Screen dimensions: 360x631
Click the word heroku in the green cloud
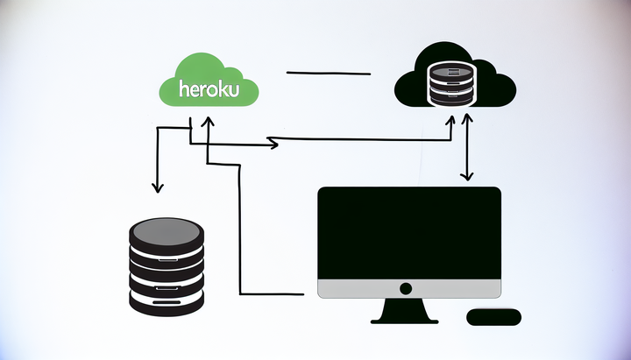(x=216, y=89)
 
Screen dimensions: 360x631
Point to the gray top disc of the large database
(x=167, y=231)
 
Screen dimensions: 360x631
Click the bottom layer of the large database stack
(x=167, y=300)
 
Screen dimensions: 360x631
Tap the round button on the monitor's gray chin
(x=405, y=288)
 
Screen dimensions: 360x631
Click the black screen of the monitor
(x=409, y=233)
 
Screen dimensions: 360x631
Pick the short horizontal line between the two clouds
(x=329, y=74)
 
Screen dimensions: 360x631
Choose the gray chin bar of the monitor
(x=409, y=289)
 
